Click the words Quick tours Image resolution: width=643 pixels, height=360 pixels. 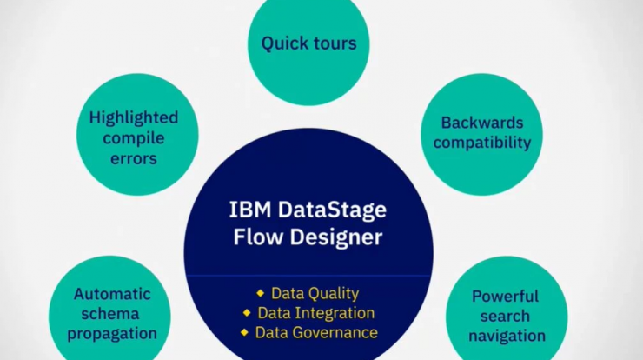[308, 43]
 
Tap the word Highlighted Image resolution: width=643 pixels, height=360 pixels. [134, 118]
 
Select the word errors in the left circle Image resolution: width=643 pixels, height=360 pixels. [134, 159]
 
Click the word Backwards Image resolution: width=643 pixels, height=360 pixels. [482, 123]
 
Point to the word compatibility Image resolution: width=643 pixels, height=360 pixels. [482, 143]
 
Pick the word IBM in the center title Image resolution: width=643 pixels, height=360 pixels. [250, 210]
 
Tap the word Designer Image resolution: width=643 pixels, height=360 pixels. [336, 237]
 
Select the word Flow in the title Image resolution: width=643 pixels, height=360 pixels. [258, 237]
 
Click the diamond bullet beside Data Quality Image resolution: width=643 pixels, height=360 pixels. [261, 293]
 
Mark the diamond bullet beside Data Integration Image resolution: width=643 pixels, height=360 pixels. [247, 313]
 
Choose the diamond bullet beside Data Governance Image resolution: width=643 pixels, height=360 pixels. [244, 332]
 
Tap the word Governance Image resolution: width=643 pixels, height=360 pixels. [335, 332]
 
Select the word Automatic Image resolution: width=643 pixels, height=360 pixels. [112, 294]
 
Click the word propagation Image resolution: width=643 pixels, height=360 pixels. [112, 334]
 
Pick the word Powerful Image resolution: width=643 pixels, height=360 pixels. [505, 297]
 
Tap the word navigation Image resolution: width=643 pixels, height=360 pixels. [507, 337]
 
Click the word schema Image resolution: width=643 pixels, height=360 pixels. [110, 314]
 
